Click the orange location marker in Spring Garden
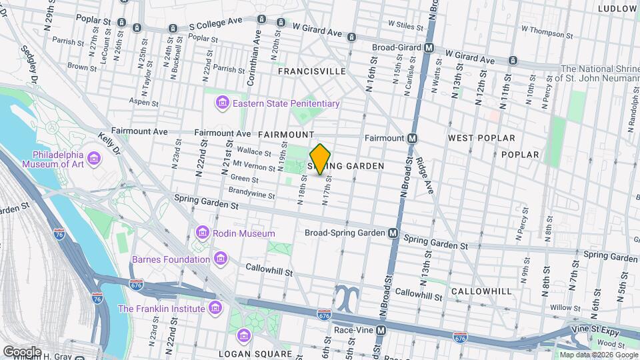(x=321, y=159)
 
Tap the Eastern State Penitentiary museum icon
(x=222, y=103)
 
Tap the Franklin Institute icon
(x=215, y=309)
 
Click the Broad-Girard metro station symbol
(x=430, y=48)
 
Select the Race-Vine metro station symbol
(x=381, y=330)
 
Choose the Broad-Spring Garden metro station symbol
(x=393, y=233)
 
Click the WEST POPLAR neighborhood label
(x=481, y=138)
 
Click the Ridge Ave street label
(x=425, y=175)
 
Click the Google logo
(x=22, y=351)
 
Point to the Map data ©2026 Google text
(x=598, y=355)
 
